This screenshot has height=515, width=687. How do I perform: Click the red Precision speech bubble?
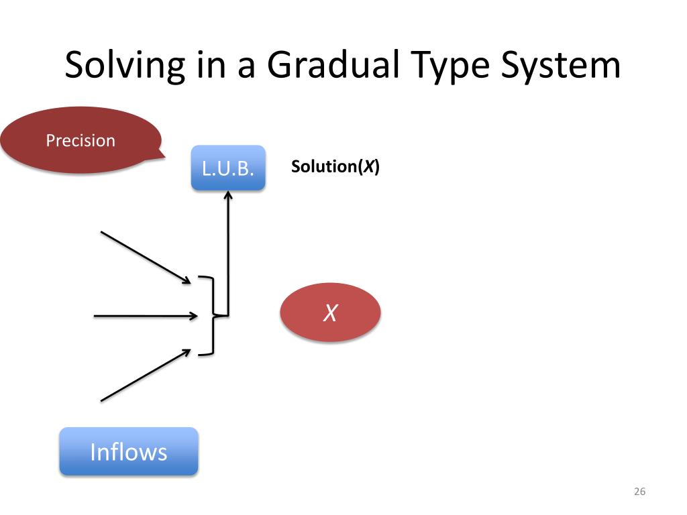tap(81, 141)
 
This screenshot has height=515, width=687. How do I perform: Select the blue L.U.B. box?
tap(228, 168)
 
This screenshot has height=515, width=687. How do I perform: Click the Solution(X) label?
tap(335, 167)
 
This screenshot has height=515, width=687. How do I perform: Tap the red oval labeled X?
tap(330, 312)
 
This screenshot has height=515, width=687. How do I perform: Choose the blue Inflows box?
tap(129, 452)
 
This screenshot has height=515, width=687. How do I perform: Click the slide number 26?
tap(639, 492)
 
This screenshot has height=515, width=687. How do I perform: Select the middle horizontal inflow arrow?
tap(145, 314)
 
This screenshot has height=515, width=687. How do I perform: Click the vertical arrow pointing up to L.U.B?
tap(228, 255)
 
